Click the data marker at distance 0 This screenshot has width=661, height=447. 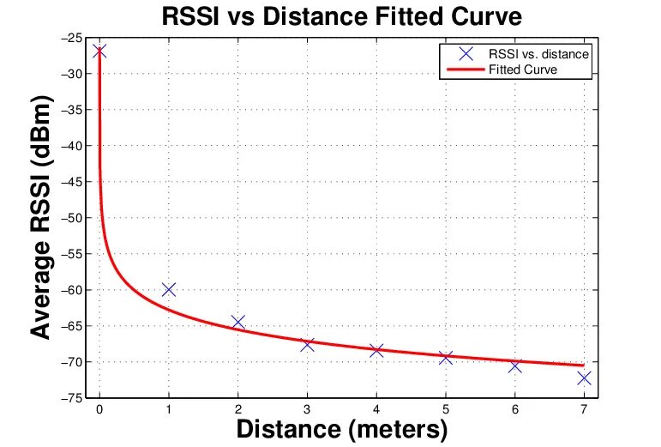click(99, 51)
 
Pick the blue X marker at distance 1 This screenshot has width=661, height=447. click(169, 289)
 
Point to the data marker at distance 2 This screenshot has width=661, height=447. click(238, 322)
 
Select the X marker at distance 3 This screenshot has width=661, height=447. click(307, 344)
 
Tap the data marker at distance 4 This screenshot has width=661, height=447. click(376, 350)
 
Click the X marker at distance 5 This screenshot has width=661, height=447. click(446, 357)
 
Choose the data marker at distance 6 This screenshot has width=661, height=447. click(514, 365)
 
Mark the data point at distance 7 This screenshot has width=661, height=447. click(584, 378)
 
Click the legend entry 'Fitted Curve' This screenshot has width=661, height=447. click(523, 69)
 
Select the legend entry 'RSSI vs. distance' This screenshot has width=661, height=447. click(538, 54)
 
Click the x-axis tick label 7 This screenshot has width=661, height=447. click(584, 409)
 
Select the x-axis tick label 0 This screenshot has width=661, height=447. click(99, 409)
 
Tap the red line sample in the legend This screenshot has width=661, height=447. click(461, 69)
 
